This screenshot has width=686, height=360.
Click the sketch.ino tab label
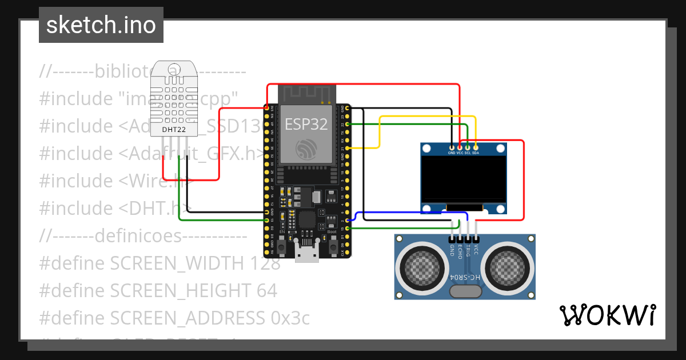tap(101, 25)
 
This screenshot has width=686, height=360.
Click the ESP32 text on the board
tap(306, 124)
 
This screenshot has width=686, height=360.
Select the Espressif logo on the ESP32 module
tap(306, 150)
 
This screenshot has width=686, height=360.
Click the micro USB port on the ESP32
tap(307, 251)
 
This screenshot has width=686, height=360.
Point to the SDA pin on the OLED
tap(476, 148)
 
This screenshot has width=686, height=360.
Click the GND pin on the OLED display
tap(452, 148)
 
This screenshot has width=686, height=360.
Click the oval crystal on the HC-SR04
tap(465, 291)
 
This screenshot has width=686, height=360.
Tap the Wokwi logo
tap(607, 314)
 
